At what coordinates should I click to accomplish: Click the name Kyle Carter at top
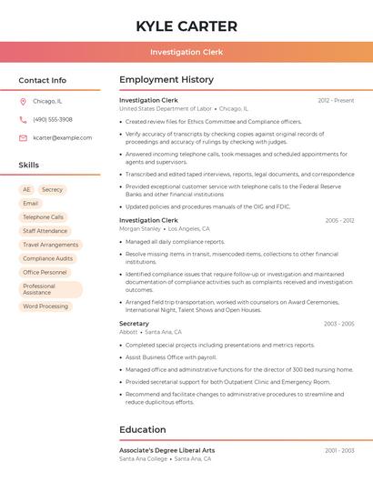pyautogui.click(x=186, y=26)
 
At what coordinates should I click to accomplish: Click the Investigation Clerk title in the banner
pyautogui.click(x=186, y=52)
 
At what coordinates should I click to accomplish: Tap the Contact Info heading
pyautogui.click(x=43, y=80)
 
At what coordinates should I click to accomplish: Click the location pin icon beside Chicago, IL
pyautogui.click(x=23, y=101)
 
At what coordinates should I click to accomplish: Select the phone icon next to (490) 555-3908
pyautogui.click(x=23, y=119)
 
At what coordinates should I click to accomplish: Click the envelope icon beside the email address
pyautogui.click(x=23, y=138)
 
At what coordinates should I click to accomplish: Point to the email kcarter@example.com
pyautogui.click(x=62, y=138)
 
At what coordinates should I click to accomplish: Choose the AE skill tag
pyautogui.click(x=26, y=189)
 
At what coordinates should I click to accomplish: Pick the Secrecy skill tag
pyautogui.click(x=53, y=189)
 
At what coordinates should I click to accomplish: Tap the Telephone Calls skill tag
pyautogui.click(x=43, y=217)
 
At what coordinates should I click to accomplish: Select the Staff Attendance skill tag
pyautogui.click(x=45, y=231)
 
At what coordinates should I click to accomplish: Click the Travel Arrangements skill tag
pyautogui.click(x=50, y=245)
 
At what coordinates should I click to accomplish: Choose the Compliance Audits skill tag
pyautogui.click(x=47, y=258)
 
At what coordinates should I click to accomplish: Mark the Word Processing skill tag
pyautogui.click(x=45, y=306)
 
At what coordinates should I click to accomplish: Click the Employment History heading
pyautogui.click(x=166, y=80)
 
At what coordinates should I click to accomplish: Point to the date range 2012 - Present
pyautogui.click(x=336, y=100)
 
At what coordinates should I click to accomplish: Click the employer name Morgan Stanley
pyautogui.click(x=139, y=228)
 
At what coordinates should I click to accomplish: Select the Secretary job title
pyautogui.click(x=134, y=324)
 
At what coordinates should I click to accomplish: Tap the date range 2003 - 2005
pyautogui.click(x=338, y=324)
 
